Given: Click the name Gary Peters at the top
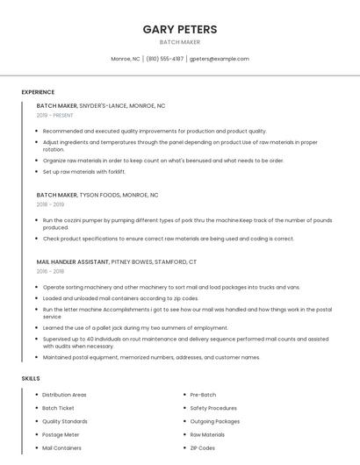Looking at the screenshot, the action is pos(179,29).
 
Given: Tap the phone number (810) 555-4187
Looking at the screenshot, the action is pos(165,59).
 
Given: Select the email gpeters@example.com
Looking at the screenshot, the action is pos(220,59).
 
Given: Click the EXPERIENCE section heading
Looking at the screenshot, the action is pos(38,91).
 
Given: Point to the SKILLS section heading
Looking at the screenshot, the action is pos(31,378).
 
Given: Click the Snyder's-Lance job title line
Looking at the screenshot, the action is pos(101,105).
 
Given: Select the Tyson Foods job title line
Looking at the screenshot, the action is pos(97,195).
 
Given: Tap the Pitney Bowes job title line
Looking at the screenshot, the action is pos(117,261).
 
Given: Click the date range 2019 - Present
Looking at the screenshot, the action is pos(55,115).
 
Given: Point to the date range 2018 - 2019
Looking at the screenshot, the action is pos(51,204).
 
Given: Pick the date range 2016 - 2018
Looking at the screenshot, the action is pos(51,271).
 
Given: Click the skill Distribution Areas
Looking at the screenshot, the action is pos(64,395).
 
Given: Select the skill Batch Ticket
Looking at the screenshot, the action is pos(58,408).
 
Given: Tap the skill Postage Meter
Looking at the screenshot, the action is pos(61,434).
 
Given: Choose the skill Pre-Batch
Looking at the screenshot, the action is pos(203,395).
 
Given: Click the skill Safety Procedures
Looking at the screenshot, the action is pos(213,408).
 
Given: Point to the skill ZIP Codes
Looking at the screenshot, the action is pos(202,447).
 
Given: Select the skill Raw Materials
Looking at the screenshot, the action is pos(207,434).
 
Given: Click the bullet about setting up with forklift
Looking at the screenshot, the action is pos(84,172).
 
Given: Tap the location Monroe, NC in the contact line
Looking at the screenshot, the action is pos(126,59).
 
